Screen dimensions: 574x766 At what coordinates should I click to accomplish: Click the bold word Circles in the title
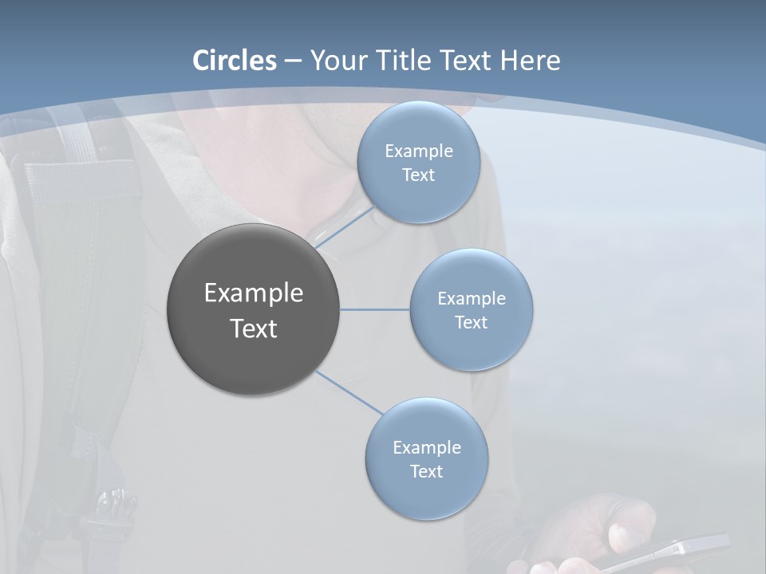pyautogui.click(x=235, y=61)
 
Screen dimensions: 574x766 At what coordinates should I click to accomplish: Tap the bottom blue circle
pyautogui.click(x=426, y=494)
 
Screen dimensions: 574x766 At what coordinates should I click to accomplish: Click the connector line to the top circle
pyautogui.click(x=345, y=227)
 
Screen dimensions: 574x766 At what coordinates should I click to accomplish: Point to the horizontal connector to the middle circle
pyautogui.click(x=375, y=309)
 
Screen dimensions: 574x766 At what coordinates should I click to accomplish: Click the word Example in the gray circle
pyautogui.click(x=254, y=293)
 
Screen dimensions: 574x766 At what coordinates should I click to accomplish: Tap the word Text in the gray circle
pyautogui.click(x=254, y=328)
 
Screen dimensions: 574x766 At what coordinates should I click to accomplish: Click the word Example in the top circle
pyautogui.click(x=418, y=151)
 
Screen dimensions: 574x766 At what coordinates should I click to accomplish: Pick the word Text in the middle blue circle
pyautogui.click(x=471, y=323)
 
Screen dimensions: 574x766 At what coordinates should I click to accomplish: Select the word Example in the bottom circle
pyautogui.click(x=426, y=448)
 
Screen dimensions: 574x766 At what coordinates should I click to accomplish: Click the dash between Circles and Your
pyautogui.click(x=293, y=61)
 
